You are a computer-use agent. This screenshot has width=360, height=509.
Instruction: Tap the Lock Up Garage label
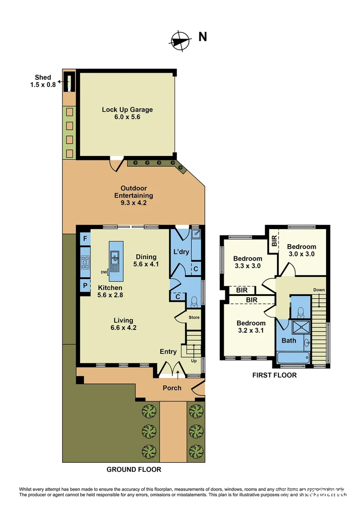pyautogui.click(x=127, y=113)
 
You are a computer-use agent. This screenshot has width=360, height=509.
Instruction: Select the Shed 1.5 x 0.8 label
pyautogui.click(x=43, y=81)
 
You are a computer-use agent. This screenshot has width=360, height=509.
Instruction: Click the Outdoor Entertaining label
pyautogui.click(x=133, y=196)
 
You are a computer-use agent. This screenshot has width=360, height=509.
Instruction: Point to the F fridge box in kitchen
pyautogui.click(x=85, y=239)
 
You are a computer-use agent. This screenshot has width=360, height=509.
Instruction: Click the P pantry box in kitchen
pyautogui.click(x=85, y=286)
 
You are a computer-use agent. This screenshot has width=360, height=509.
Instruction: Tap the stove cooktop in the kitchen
pyautogui.click(x=85, y=262)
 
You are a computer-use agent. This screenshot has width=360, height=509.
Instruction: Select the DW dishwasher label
pyautogui.click(x=103, y=271)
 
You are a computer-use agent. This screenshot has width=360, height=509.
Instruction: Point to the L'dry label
pyautogui.click(x=181, y=252)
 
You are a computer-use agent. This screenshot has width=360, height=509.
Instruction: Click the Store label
pyautogui.click(x=194, y=317)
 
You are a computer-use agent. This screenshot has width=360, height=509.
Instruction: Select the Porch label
pyautogui.click(x=172, y=388)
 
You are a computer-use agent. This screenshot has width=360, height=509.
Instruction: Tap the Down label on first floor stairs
pyautogui.click(x=319, y=290)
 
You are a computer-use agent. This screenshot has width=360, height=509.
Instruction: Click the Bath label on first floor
pyautogui.click(x=288, y=340)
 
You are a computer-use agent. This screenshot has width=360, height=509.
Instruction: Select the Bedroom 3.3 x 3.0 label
pyautogui.click(x=248, y=262)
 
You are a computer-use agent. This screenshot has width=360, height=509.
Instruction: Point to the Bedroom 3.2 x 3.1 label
pyautogui.click(x=251, y=327)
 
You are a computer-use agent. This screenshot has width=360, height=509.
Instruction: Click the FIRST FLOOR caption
pyautogui.click(x=274, y=375)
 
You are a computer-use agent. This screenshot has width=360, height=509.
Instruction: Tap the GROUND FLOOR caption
pyautogui.click(x=134, y=469)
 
